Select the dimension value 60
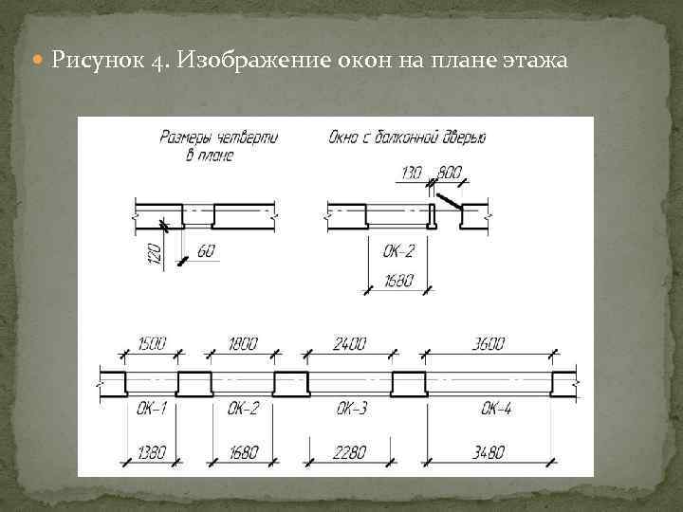207,251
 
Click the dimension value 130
412,174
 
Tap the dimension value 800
449,174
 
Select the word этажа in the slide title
533,62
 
